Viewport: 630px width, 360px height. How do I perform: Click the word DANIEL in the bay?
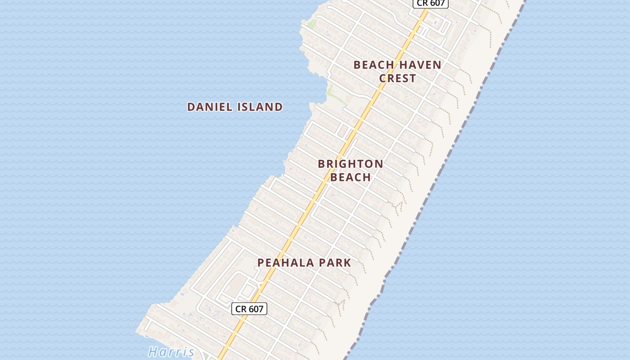tap(209, 107)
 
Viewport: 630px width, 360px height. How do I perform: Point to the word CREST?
tap(397, 78)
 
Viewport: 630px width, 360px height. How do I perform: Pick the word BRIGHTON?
tap(351, 164)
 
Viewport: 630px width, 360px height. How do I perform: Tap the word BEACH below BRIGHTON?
tap(351, 177)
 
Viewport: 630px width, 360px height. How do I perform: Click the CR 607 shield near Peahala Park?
tap(249, 309)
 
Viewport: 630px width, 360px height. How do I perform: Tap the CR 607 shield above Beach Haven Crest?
tap(431, 3)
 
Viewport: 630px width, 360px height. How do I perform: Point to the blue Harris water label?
tap(171, 351)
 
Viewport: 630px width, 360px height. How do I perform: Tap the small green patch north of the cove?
tap(311, 23)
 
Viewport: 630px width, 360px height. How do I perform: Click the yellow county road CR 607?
tap(315, 198)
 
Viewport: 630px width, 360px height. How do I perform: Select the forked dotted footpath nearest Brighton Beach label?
tap(398, 207)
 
